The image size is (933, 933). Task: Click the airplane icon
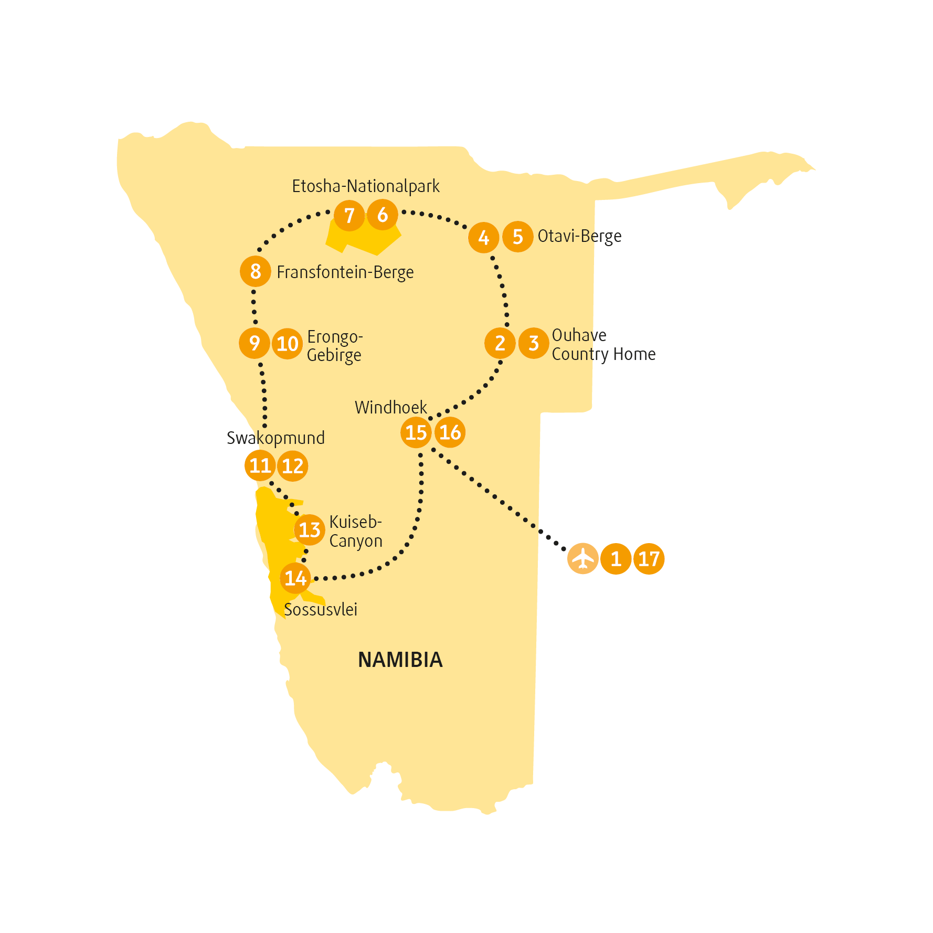582,559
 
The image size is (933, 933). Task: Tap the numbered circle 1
616,559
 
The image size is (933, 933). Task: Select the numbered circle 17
649,559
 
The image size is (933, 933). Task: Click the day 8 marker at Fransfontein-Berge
256,271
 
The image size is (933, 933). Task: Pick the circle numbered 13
310,530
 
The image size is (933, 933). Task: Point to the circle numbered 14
295,578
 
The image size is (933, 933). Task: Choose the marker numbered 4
484,238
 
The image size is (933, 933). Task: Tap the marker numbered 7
349,215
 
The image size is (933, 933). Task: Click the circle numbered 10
288,344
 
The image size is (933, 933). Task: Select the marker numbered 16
450,432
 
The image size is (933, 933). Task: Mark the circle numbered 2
500,343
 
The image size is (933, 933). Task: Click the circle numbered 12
293,466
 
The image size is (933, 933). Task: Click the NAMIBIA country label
400,660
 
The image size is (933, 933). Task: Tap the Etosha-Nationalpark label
366,186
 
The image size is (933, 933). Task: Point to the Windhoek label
391,407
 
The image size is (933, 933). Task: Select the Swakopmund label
275,438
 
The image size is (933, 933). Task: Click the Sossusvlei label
321,609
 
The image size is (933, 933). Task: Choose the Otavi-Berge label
579,236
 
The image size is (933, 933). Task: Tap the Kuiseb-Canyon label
356,532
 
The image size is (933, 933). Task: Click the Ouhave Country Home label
603,345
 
